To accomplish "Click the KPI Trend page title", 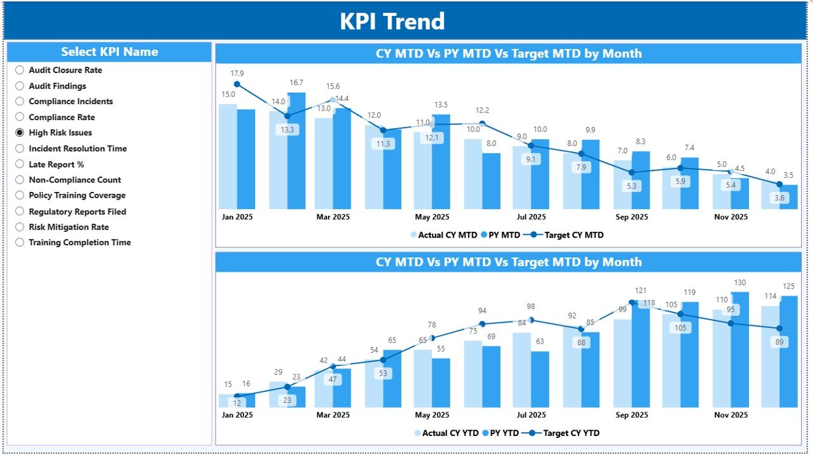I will [x=392, y=22].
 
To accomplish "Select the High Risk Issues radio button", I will [x=20, y=133].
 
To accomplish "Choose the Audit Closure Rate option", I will [x=20, y=71].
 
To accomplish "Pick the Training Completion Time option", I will [x=20, y=242].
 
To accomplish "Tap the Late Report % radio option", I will [x=20, y=164].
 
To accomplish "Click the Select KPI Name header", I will [x=109, y=52].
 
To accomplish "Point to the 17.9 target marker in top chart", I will [x=237, y=84].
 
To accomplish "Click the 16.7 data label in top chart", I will [x=296, y=83].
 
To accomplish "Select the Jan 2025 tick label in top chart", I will [x=237, y=217].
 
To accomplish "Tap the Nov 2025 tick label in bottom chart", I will [x=731, y=415].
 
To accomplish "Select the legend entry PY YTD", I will [x=500, y=433].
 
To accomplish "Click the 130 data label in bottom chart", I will [x=740, y=283].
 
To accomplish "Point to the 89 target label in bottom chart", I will [x=780, y=342].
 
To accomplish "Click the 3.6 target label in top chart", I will [x=780, y=198].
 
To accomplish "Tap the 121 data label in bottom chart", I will [x=640, y=291].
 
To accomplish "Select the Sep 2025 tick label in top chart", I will [x=631, y=217].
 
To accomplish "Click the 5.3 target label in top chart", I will [x=631, y=186].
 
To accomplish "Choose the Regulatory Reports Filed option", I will [x=20, y=212].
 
